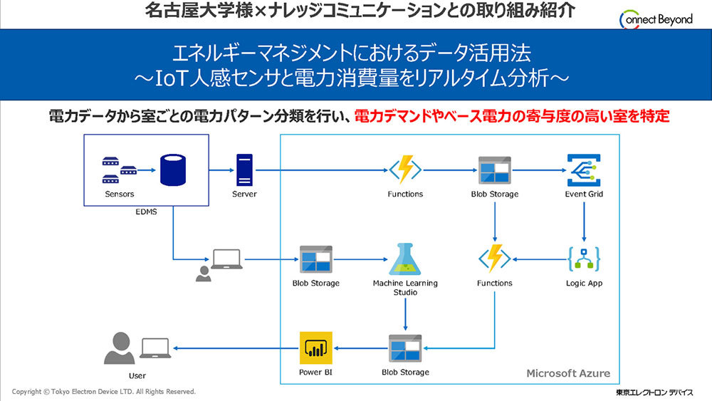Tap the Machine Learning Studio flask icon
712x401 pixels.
click(406, 259)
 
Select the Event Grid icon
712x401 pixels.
click(585, 170)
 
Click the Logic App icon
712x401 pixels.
click(585, 259)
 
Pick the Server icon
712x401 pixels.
click(244, 171)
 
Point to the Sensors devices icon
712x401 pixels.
click(119, 171)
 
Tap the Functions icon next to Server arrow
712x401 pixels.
click(405, 170)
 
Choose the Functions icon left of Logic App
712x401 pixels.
click(494, 259)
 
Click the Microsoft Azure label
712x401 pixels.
click(567, 373)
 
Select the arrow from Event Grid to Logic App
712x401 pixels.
click(585, 220)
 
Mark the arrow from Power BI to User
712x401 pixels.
click(235, 348)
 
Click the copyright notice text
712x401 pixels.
click(104, 392)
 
